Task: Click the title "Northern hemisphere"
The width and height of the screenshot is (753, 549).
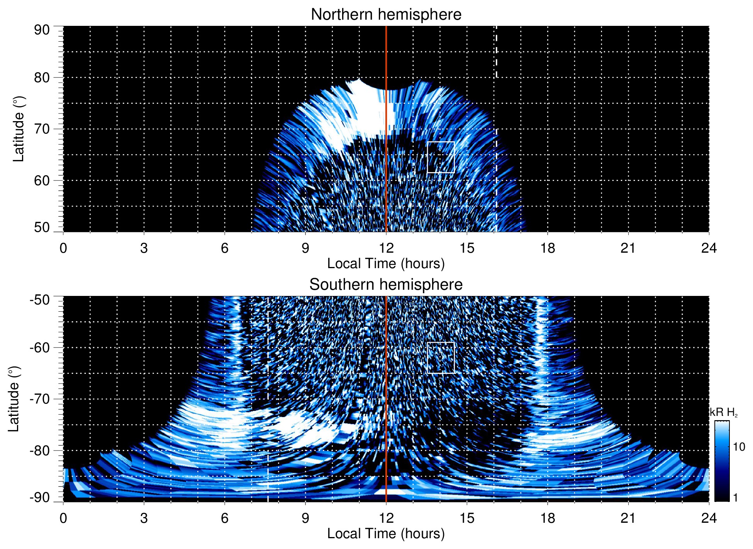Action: pyautogui.click(x=386, y=15)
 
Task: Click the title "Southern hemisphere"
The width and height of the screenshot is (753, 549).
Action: pyautogui.click(x=386, y=285)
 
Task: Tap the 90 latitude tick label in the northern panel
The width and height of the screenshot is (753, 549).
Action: pyautogui.click(x=42, y=30)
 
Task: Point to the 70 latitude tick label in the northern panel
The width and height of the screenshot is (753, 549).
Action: pyautogui.click(x=42, y=129)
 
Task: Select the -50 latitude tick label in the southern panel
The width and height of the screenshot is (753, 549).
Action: pyautogui.click(x=40, y=300)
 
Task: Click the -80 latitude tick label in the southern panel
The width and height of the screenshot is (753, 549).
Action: pyautogui.click(x=40, y=450)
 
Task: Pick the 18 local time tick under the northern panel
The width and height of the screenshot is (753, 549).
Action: pyautogui.click(x=547, y=248)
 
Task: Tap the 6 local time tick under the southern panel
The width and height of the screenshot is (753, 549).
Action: pyautogui.click(x=224, y=518)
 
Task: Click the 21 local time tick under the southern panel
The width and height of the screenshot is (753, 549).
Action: pyautogui.click(x=628, y=518)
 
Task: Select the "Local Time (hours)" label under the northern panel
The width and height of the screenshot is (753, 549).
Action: pyautogui.click(x=386, y=264)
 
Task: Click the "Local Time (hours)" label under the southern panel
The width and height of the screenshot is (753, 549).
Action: pyautogui.click(x=386, y=534)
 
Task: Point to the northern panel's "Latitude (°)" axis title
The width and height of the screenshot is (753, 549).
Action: pyautogui.click(x=19, y=129)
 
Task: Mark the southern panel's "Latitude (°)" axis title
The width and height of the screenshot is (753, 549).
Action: pyautogui.click(x=14, y=399)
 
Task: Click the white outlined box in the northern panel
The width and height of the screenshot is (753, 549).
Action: pyautogui.click(x=441, y=157)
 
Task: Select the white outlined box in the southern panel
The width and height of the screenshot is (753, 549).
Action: pyautogui.click(x=441, y=358)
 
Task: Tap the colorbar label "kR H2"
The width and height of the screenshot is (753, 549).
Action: pyautogui.click(x=724, y=412)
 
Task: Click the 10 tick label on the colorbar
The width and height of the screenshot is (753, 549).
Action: pyautogui.click(x=739, y=447)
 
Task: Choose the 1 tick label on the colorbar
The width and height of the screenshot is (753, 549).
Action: pyautogui.click(x=735, y=498)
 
